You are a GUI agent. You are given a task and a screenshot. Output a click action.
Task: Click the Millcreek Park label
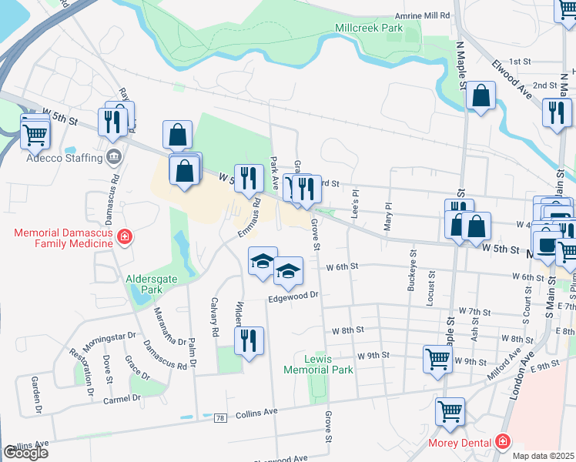click(369, 28)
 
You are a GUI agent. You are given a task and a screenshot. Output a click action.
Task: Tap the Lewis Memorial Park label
click(318, 364)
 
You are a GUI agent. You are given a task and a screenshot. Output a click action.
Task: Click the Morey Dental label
click(459, 443)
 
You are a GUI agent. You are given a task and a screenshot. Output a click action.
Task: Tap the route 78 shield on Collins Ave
click(221, 417)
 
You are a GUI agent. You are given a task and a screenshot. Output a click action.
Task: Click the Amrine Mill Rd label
click(421, 15)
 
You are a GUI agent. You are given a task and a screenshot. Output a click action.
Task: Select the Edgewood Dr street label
click(293, 296)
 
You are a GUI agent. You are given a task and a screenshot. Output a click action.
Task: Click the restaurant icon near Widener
click(249, 340)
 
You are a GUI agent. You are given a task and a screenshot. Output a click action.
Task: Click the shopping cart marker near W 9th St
click(437, 358)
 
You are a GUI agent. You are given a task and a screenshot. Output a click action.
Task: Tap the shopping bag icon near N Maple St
click(481, 96)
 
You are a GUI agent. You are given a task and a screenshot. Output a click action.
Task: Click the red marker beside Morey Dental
click(503, 442)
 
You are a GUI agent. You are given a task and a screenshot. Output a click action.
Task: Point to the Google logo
click(25, 453)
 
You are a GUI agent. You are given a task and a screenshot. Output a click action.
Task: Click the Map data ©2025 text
click(544, 456)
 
